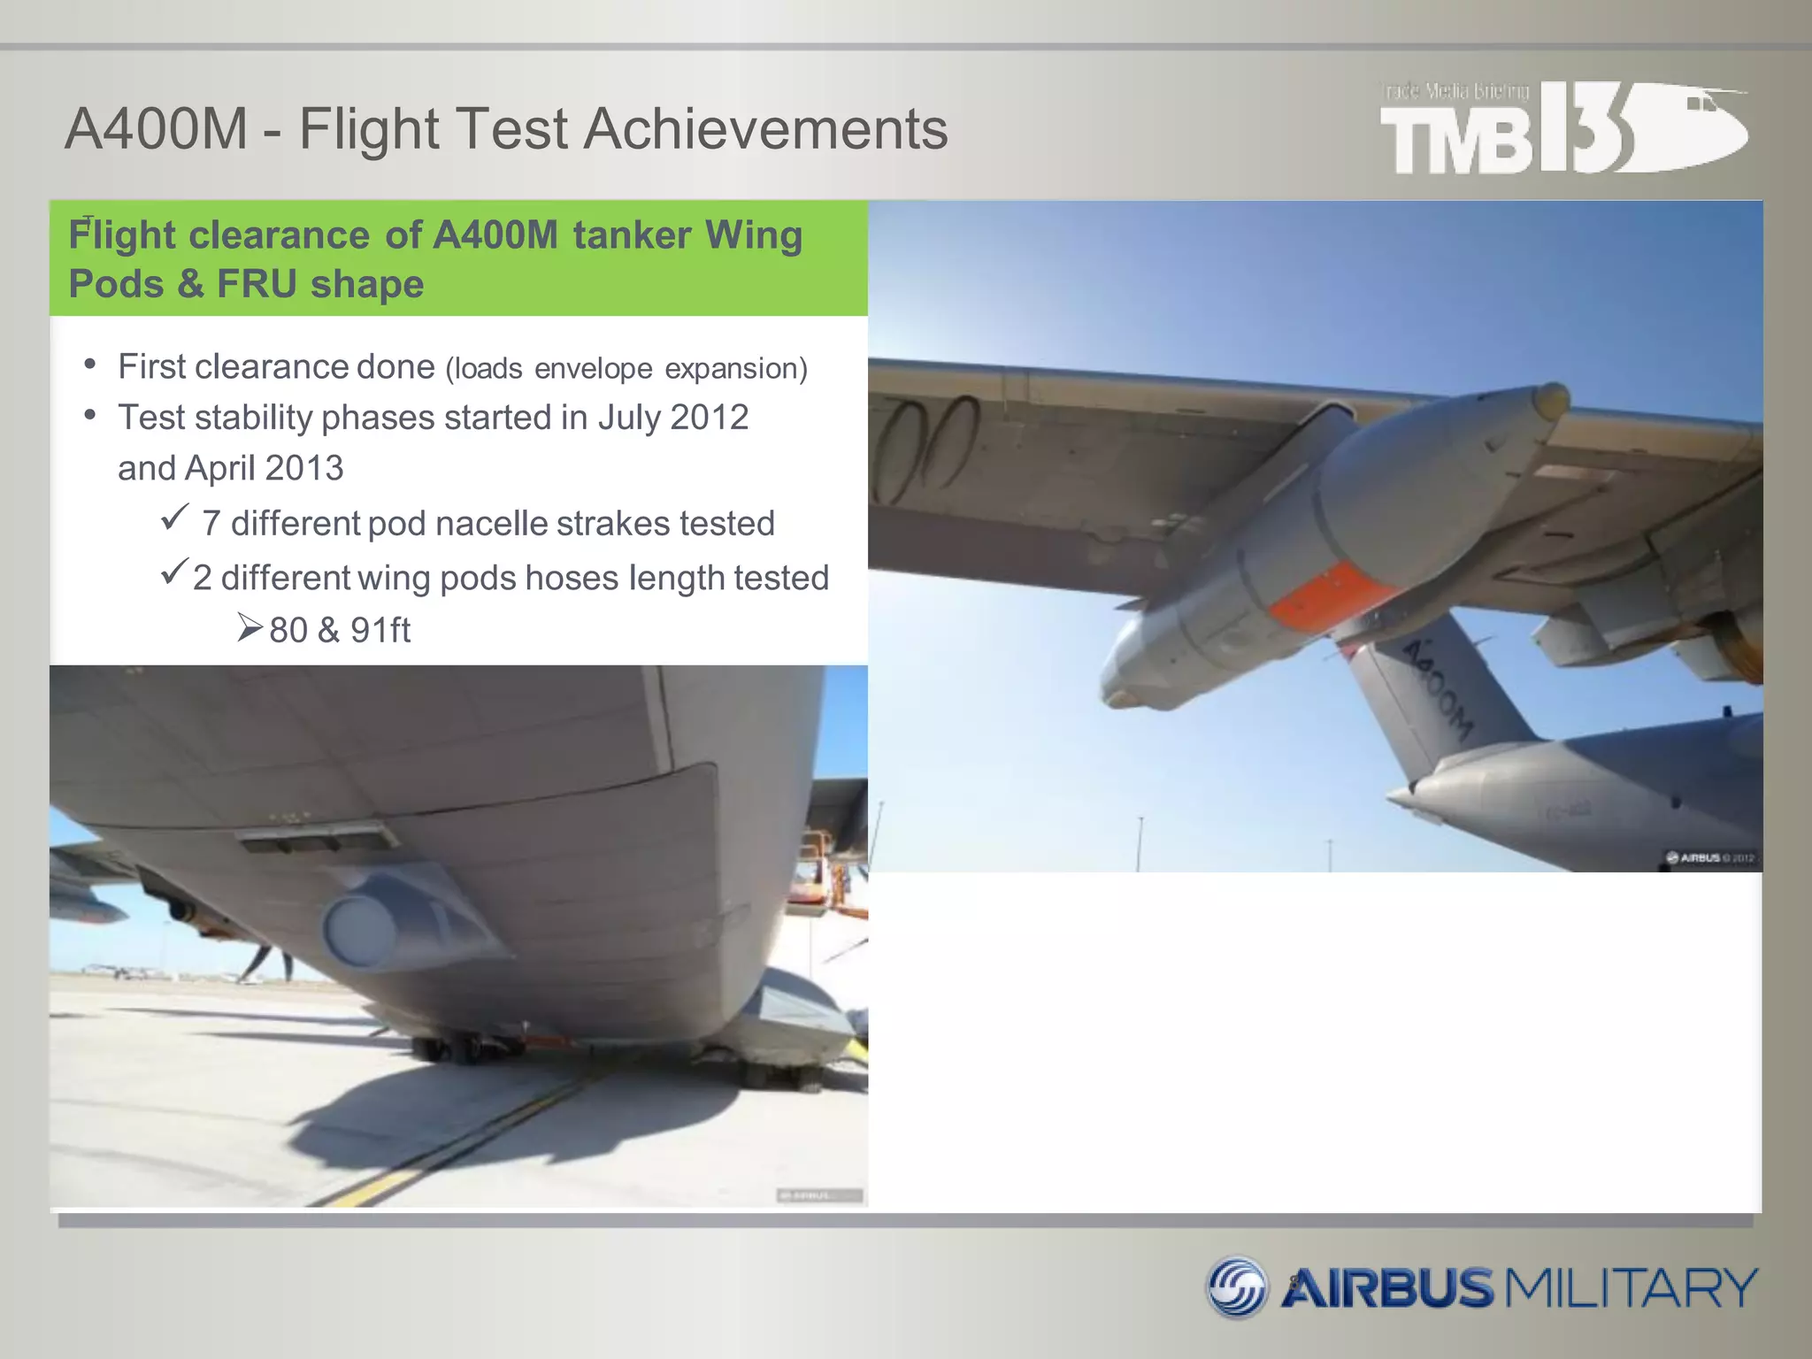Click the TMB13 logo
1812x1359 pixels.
click(x=1562, y=128)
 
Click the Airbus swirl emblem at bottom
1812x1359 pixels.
click(x=1237, y=1286)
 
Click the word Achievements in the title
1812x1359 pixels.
click(x=765, y=129)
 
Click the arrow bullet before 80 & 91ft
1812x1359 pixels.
click(x=250, y=628)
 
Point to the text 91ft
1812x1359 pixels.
click(x=380, y=631)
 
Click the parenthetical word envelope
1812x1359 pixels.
click(x=593, y=369)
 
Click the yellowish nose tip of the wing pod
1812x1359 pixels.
click(x=1550, y=400)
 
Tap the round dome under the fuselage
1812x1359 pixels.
click(x=359, y=929)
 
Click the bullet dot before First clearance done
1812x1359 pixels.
click(x=90, y=365)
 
